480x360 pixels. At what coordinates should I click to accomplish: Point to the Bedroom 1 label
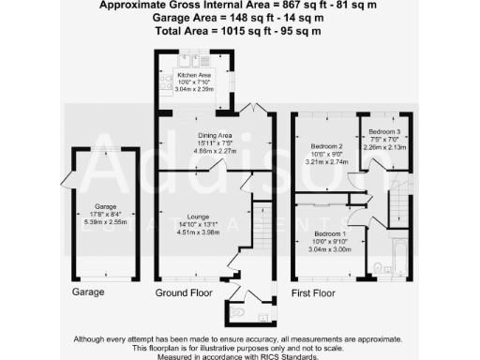tap(328, 232)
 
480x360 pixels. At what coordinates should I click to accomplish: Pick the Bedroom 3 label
tap(383, 131)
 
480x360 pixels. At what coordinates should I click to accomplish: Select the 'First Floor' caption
tap(313, 293)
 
